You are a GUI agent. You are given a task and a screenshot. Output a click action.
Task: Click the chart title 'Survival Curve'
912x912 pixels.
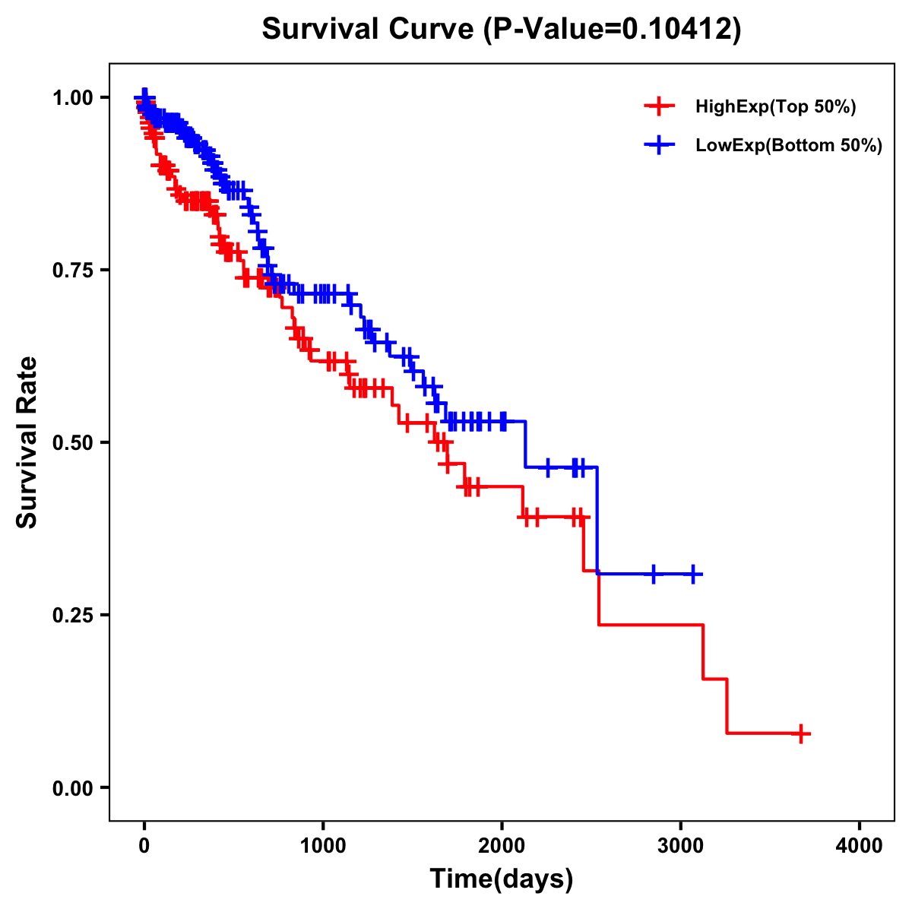[x=369, y=30]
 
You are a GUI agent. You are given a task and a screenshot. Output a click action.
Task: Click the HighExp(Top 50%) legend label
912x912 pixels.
[x=775, y=106]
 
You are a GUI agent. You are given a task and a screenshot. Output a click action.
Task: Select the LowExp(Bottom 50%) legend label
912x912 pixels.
[x=789, y=145]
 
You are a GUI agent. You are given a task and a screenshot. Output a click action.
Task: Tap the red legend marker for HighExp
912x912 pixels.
[x=659, y=106]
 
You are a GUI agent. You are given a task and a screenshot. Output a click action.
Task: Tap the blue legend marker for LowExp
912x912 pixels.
[x=659, y=145]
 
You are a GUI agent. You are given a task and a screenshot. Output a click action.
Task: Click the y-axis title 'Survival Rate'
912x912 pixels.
[x=27, y=442]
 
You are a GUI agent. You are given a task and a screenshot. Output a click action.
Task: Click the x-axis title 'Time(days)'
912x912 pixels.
[x=502, y=879]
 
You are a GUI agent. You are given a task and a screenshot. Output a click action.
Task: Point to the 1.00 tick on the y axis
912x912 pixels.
[x=73, y=97]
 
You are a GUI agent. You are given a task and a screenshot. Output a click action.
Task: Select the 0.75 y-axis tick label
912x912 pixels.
[x=73, y=270]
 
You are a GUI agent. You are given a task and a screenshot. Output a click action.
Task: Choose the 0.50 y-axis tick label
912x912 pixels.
[x=73, y=442]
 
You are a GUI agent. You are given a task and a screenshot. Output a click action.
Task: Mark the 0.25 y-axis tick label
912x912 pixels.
[x=73, y=615]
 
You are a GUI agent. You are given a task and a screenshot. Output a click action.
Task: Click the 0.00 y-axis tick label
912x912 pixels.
[x=73, y=788]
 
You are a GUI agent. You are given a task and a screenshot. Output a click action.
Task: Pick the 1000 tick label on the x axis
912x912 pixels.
[x=323, y=847]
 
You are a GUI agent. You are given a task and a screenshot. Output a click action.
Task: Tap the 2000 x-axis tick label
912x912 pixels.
[x=502, y=847]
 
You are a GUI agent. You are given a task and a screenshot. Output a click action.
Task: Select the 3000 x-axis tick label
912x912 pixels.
[x=681, y=847]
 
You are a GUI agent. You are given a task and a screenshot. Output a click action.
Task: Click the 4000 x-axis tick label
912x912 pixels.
[x=860, y=847]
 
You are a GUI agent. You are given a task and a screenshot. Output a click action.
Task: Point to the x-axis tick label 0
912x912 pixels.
[x=144, y=847]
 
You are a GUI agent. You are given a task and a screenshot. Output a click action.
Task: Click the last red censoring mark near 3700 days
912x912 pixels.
[x=800, y=733]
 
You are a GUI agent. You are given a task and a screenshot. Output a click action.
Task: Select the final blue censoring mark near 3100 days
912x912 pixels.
[x=693, y=574]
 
